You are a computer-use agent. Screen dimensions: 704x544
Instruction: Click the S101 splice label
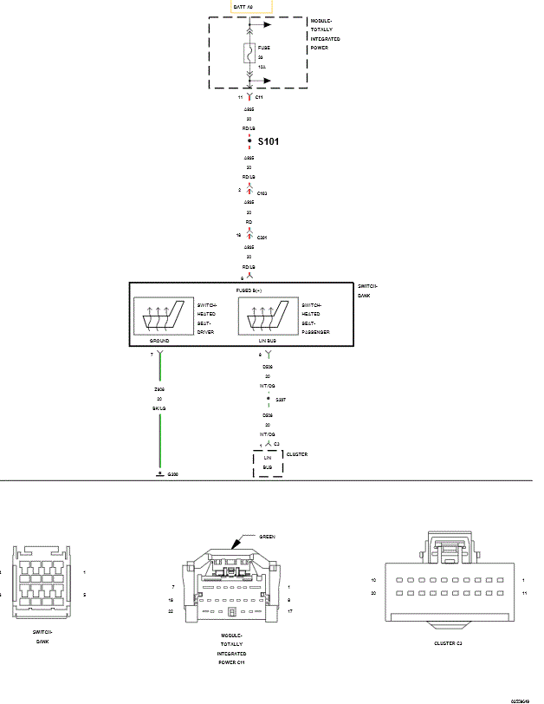268,140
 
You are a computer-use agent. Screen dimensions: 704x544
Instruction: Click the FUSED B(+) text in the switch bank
250,290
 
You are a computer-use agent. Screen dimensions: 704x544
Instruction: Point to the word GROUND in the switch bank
159,342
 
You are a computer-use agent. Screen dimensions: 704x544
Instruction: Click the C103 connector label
262,192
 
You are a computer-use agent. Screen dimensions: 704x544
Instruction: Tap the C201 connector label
262,236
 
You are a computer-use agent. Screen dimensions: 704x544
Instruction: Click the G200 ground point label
172,475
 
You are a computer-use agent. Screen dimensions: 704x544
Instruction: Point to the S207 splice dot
268,401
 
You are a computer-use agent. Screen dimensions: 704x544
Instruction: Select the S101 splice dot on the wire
249,140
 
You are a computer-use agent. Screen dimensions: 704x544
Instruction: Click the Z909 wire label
159,390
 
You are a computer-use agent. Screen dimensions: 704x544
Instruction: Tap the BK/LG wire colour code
159,407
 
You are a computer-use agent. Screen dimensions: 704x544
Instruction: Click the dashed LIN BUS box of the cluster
268,462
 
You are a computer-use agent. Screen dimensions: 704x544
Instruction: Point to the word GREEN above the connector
267,537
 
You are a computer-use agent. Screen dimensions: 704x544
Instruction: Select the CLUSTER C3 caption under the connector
448,643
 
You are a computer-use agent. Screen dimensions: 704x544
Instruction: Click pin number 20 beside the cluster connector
372,593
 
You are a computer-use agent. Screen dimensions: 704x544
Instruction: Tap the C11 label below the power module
259,98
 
